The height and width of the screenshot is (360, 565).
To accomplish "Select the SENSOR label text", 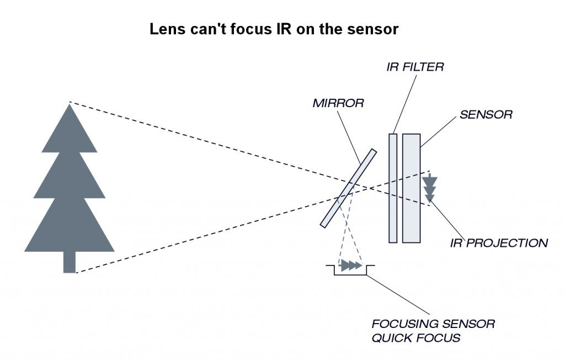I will coord(486,115).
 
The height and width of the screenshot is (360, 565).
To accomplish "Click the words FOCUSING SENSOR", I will coord(433,324).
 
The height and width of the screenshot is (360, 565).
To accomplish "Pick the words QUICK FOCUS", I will coord(415,338).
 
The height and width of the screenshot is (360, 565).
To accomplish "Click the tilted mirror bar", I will coord(348,188).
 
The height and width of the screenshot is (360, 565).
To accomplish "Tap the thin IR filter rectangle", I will coord(393,188).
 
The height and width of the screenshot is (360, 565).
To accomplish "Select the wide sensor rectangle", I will coord(411,188).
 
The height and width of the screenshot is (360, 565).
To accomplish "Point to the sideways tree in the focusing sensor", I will coord(349,266).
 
